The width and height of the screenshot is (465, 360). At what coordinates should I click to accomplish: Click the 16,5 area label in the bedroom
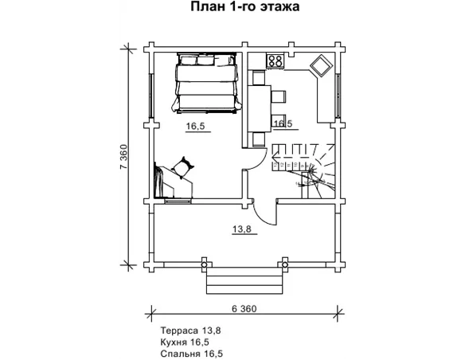pos(196,126)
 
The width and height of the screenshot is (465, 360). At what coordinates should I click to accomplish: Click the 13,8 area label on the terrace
pos(243,229)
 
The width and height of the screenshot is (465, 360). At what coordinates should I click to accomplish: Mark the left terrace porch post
pos(206,262)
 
